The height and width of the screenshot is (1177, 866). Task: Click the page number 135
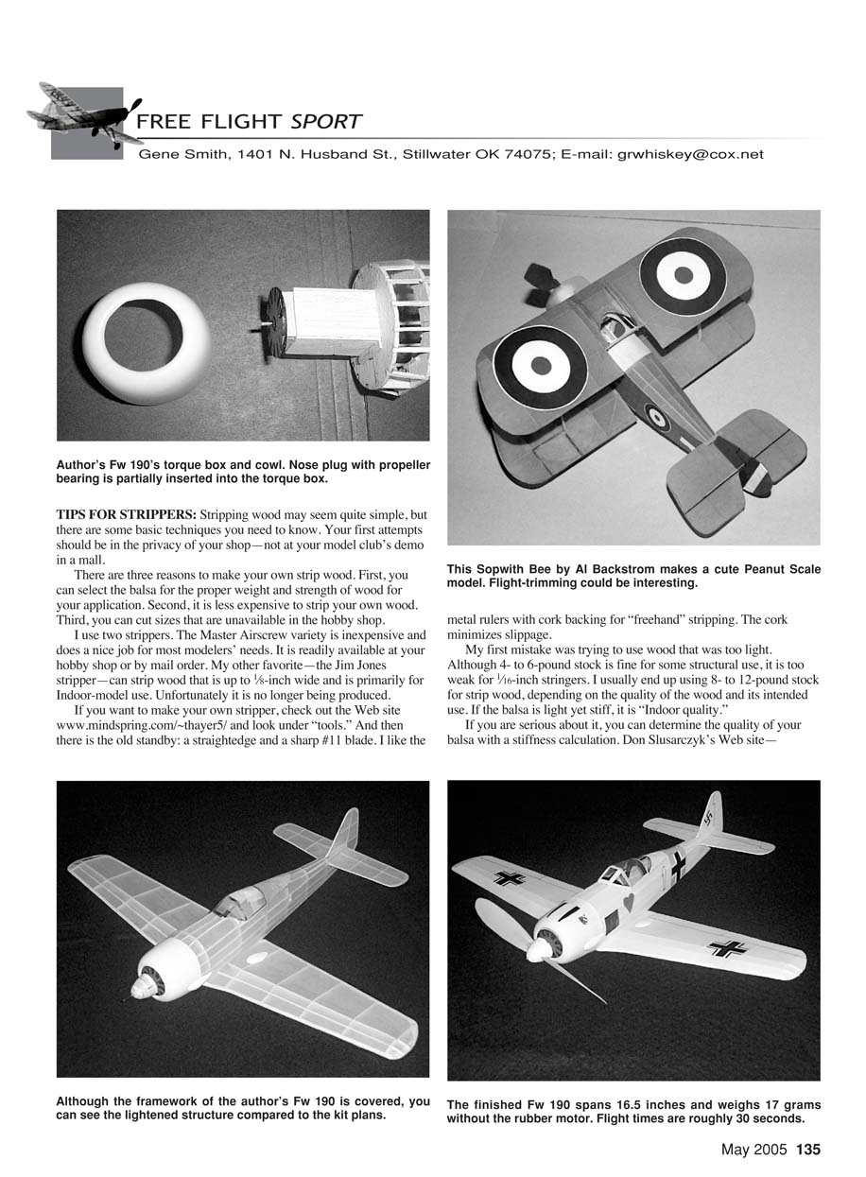(807, 1151)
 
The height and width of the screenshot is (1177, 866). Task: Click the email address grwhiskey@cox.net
(689, 154)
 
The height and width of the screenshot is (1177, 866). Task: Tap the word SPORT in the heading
(326, 121)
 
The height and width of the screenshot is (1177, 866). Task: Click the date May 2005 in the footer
(754, 1151)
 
